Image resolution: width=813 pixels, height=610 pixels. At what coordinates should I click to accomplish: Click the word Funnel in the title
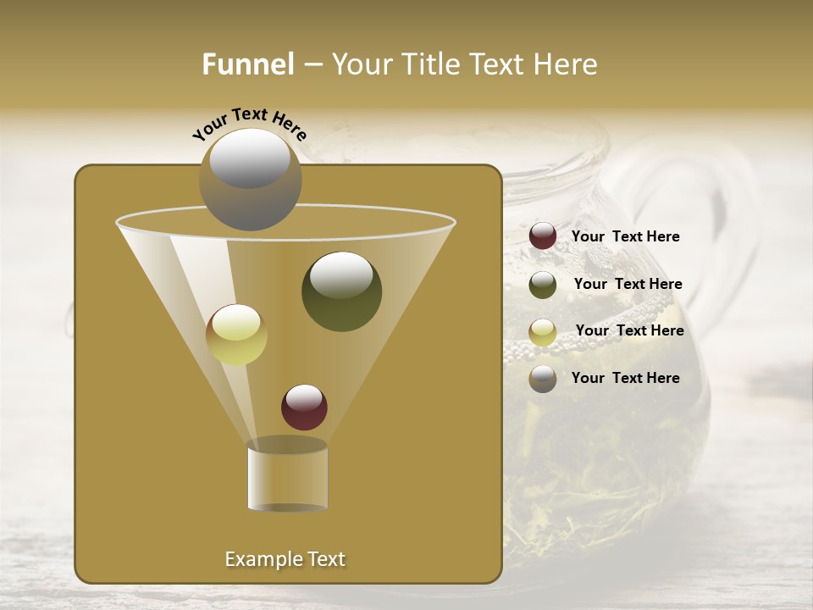(248, 64)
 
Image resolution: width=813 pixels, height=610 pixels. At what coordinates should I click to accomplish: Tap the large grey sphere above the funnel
(251, 179)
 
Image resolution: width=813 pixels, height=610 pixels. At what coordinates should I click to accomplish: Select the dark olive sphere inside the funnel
(341, 291)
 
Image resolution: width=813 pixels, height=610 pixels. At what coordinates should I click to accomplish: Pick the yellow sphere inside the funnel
(236, 335)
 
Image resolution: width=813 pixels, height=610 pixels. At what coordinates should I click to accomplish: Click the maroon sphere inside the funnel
(304, 407)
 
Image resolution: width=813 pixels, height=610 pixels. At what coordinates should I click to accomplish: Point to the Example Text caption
(285, 559)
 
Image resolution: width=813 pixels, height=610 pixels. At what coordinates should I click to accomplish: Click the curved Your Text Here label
(249, 124)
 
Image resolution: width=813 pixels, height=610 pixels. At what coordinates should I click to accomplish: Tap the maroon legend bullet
(543, 236)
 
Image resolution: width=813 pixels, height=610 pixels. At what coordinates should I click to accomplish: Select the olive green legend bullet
(543, 285)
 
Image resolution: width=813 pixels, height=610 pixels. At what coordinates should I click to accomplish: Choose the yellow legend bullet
(543, 331)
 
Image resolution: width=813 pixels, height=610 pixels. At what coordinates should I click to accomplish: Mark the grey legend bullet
(543, 379)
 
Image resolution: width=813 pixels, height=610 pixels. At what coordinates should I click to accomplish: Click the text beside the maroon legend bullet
(625, 236)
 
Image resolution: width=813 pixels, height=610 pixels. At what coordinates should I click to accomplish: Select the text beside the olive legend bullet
(628, 284)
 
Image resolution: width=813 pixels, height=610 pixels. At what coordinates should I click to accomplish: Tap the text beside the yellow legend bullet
(629, 330)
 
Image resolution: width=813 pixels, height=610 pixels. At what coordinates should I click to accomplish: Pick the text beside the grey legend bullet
(625, 378)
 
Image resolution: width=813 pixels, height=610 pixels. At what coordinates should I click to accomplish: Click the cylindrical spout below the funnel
(287, 476)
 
